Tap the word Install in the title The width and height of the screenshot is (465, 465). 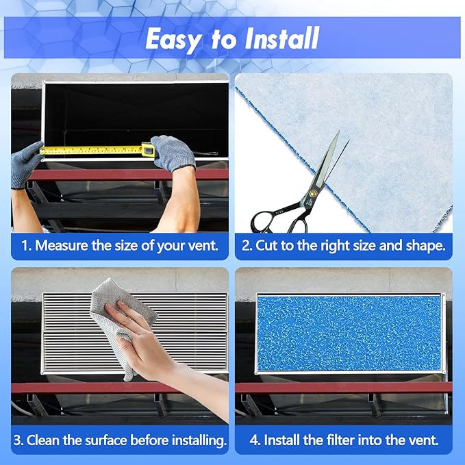click(280, 40)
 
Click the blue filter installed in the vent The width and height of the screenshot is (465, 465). click(349, 333)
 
